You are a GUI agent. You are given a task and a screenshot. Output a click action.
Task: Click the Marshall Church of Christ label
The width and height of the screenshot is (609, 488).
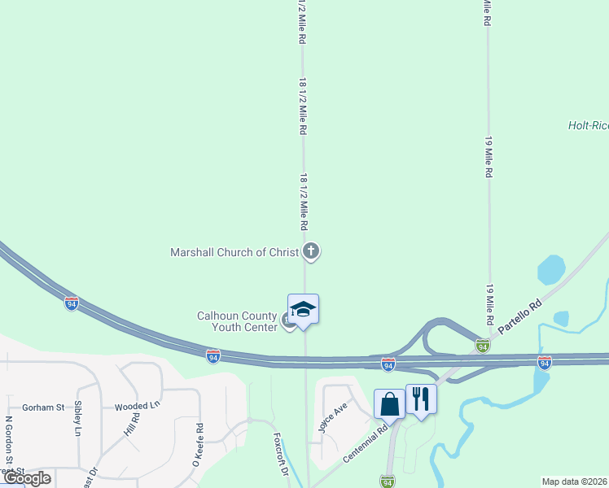pos(234,252)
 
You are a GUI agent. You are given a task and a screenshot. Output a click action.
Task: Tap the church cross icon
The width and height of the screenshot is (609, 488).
pos(310,251)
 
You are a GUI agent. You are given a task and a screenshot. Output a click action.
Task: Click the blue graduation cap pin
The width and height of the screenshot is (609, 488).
pos(303,310)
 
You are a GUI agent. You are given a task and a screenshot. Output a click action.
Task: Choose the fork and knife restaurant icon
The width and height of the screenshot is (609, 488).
pos(421,399)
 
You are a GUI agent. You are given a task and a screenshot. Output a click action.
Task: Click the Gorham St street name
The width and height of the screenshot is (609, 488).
pos(43,407)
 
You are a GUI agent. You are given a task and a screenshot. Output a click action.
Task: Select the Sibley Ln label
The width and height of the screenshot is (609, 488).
pos(78,418)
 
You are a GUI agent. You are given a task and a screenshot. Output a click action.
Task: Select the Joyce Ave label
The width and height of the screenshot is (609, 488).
pos(334,416)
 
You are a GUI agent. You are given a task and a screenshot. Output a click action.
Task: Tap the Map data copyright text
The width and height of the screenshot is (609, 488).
pos(574,481)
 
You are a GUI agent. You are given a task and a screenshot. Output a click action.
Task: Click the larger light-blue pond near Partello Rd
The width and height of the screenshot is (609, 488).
pos(551,270)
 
